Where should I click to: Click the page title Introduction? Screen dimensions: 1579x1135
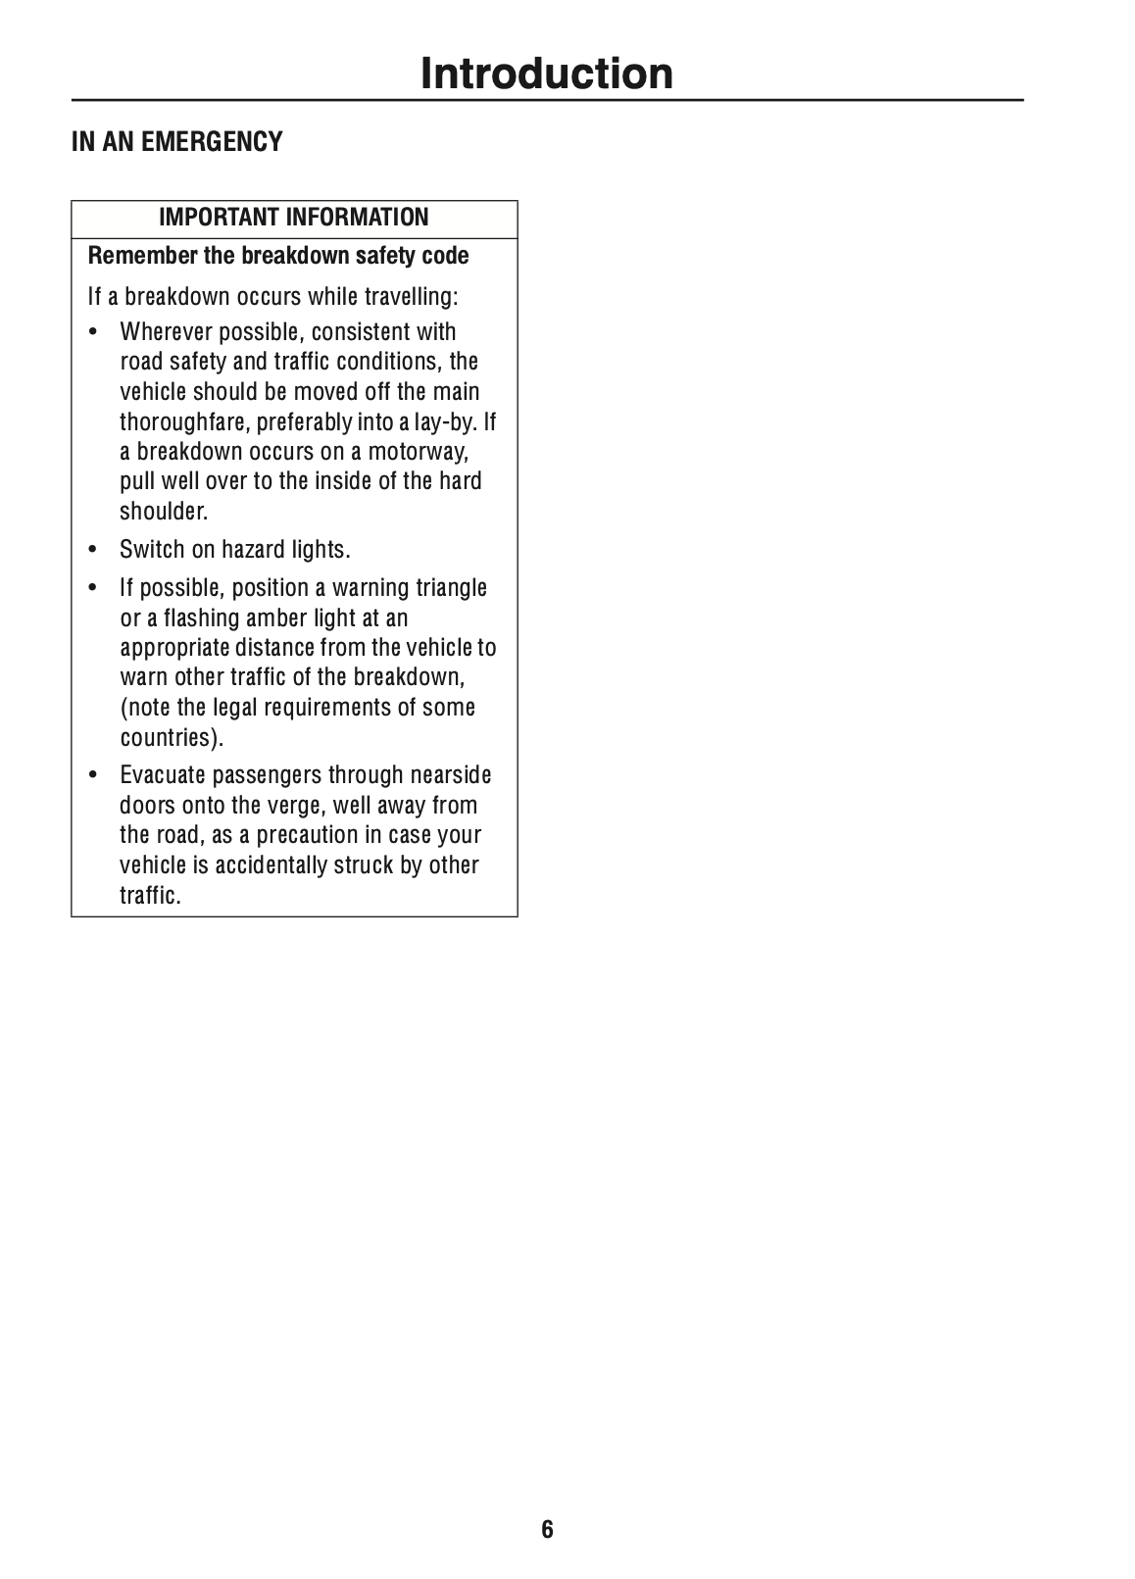tap(547, 74)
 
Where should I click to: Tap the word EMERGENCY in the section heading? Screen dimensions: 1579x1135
tap(212, 142)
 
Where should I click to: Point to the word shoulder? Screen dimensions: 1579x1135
tap(163, 512)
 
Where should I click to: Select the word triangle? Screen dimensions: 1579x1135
tap(451, 588)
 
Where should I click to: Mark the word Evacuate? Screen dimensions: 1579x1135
tap(164, 776)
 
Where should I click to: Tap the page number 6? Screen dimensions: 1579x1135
tap(547, 1529)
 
